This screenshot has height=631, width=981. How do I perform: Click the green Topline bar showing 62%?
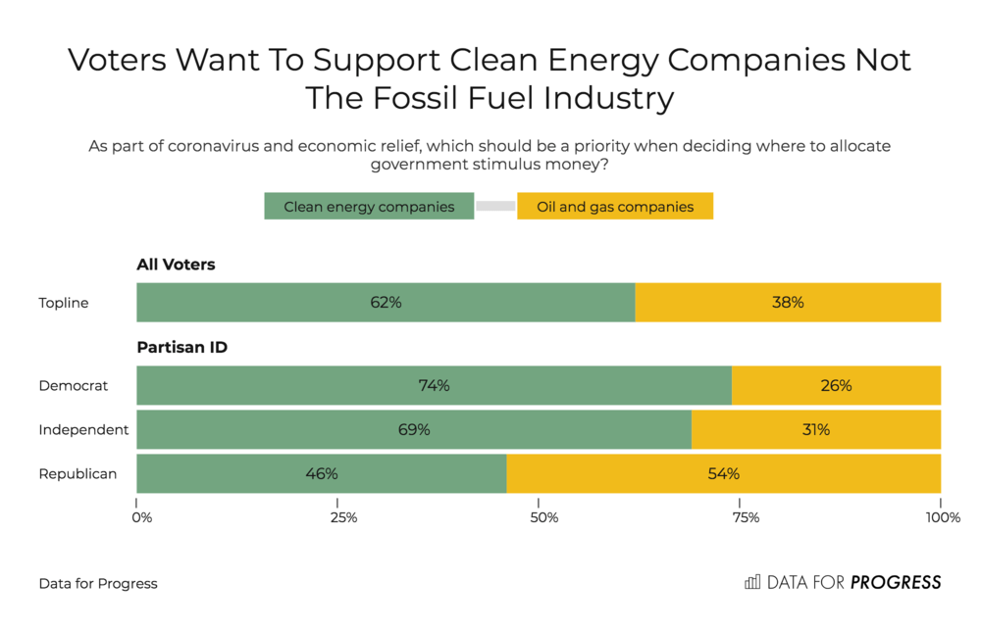[x=386, y=303]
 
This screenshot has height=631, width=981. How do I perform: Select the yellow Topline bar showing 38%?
[x=788, y=303]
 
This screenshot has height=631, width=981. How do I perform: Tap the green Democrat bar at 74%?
[x=434, y=386]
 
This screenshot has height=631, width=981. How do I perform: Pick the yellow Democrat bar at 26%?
[x=836, y=386]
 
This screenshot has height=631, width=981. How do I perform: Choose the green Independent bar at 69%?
[x=414, y=430]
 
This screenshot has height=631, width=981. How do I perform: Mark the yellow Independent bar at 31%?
[x=816, y=430]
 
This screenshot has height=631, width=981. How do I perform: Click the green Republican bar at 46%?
[x=321, y=474]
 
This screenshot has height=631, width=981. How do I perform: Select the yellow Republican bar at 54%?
[x=723, y=474]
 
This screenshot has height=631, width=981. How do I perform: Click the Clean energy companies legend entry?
[x=369, y=207]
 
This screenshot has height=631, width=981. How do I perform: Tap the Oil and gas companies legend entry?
[x=615, y=207]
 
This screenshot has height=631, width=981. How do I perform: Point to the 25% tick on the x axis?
[x=341, y=517]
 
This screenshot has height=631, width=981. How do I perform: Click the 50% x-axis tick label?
[x=542, y=517]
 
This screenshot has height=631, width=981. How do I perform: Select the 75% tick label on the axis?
[x=745, y=517]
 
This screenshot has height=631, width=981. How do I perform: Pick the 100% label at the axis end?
[x=943, y=517]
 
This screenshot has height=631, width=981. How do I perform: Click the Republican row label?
[x=77, y=474]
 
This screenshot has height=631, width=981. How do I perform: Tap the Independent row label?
[x=83, y=430]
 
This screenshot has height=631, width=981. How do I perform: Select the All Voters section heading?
[x=176, y=265]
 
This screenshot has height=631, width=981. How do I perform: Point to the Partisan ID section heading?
[x=181, y=347]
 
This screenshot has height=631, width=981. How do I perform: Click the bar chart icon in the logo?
[x=752, y=582]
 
